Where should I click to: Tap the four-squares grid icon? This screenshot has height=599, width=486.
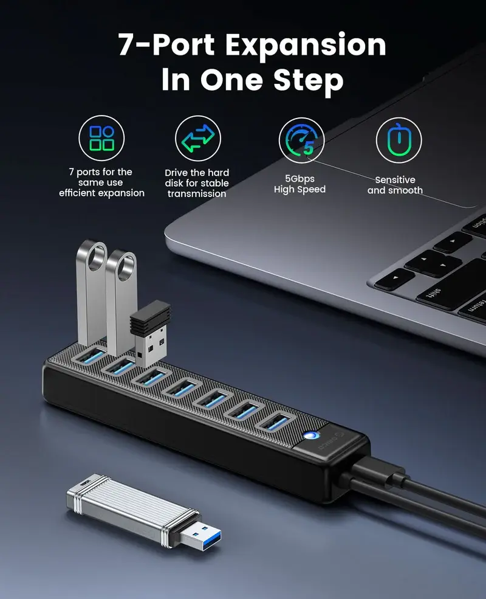(101, 138)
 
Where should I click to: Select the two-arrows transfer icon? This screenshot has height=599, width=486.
(198, 138)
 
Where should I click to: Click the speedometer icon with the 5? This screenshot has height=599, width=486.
(301, 140)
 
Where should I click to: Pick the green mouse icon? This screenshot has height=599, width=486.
(399, 140)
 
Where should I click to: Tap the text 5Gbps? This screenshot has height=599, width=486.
(299, 179)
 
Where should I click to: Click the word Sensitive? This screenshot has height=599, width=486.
(395, 180)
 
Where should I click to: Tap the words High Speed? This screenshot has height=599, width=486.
(299, 190)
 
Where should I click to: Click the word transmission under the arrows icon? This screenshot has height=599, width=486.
(197, 194)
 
